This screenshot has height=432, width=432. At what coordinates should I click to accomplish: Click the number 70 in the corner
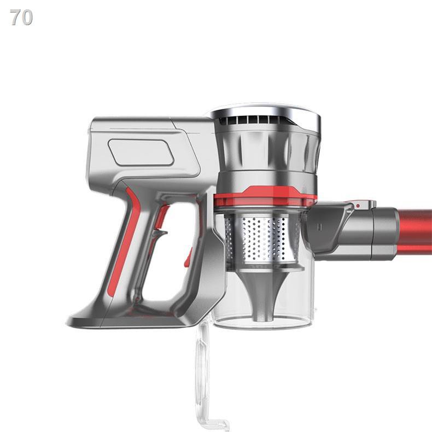click(21, 17)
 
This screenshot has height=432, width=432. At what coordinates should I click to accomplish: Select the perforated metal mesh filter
click(262, 238)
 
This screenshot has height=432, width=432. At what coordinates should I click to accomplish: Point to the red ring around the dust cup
click(265, 196)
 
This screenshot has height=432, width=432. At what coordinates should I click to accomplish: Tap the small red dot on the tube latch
click(358, 206)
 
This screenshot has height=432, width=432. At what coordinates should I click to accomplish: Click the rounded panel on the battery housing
click(141, 153)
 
